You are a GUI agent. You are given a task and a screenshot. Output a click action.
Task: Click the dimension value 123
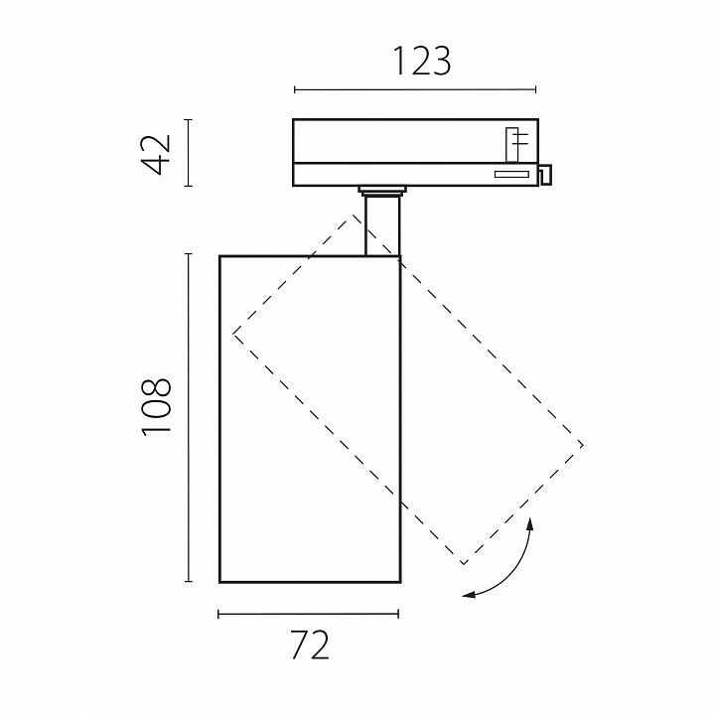coord(421,62)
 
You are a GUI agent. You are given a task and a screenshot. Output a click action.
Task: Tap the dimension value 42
coord(157,154)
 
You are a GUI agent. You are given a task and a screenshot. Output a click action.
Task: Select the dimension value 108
coord(157,407)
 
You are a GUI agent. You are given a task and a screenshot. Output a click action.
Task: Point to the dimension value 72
coord(310,644)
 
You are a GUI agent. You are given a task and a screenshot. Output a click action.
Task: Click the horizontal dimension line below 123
coord(415,89)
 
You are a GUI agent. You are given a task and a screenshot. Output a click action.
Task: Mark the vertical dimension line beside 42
coord(188,152)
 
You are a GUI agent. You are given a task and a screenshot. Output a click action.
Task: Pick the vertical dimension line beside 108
coord(188,417)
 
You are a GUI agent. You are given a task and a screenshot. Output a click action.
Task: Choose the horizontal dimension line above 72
coord(308,615)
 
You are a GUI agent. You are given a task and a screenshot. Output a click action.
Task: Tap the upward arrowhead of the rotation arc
coord(530,523)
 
